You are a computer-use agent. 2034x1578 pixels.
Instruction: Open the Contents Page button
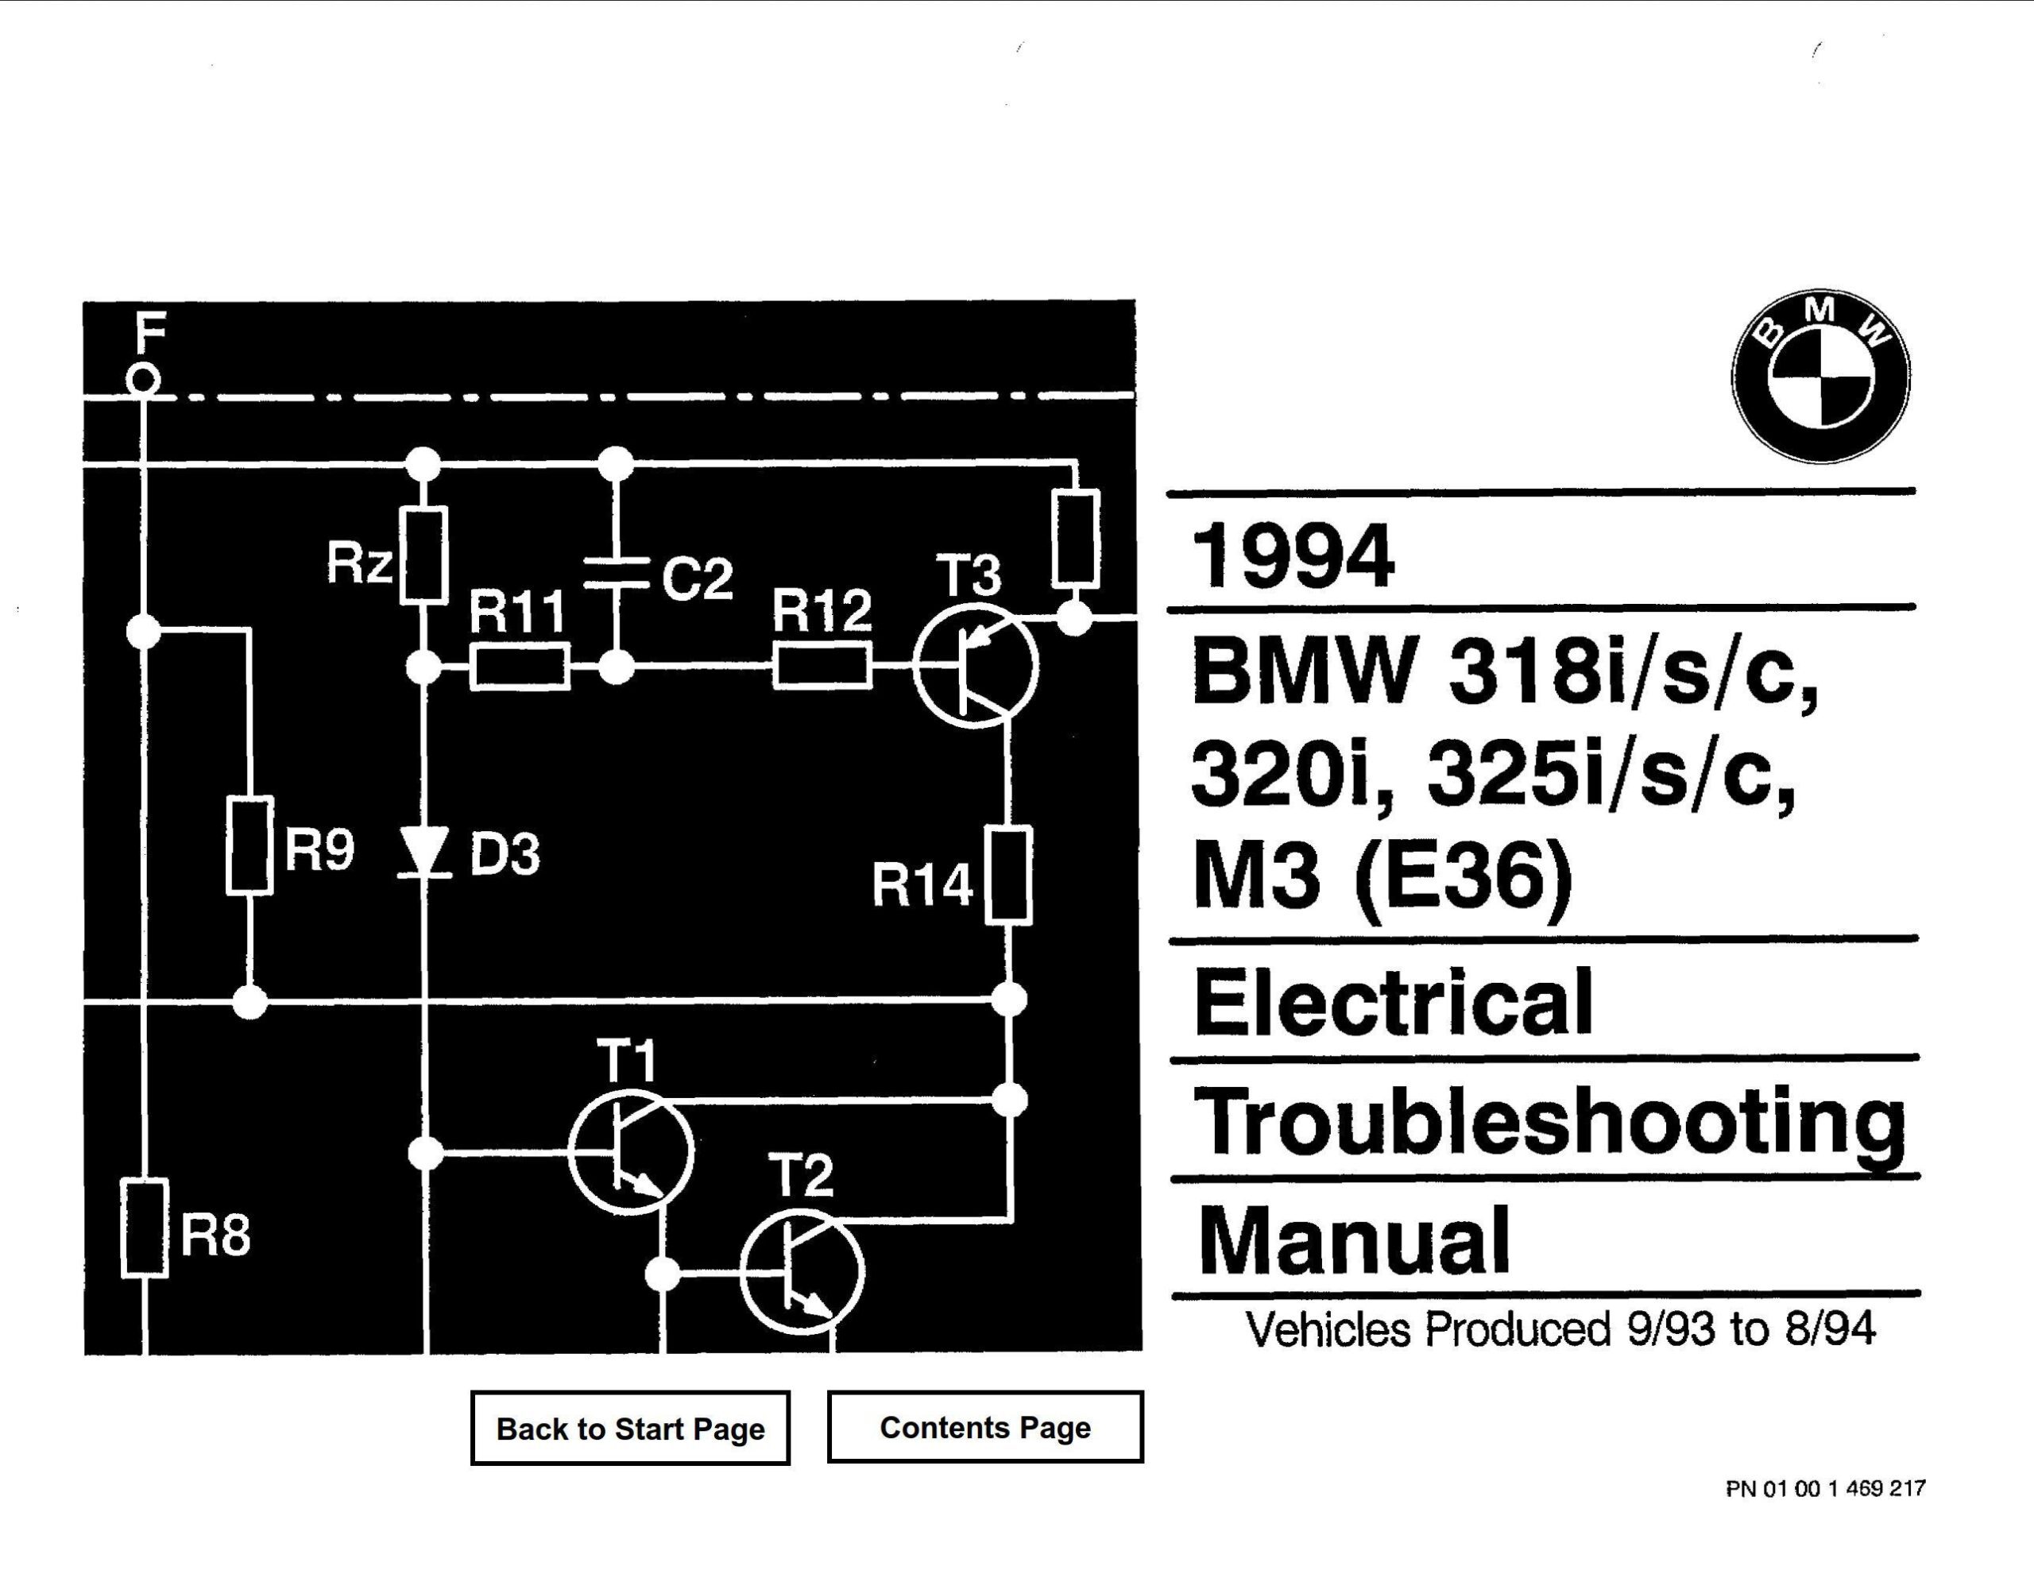984,1427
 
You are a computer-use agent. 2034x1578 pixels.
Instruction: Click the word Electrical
1394,1001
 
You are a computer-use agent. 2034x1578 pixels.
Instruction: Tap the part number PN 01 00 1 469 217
1824,1488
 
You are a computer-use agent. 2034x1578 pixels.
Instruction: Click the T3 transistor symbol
975,665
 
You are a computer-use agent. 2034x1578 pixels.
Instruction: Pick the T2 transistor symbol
802,1271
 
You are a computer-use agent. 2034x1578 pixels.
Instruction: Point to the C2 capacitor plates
616,572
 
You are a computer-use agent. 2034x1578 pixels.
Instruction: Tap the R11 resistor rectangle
520,666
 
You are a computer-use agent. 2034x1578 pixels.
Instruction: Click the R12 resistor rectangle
822,665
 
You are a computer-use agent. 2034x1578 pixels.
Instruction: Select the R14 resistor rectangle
1007,875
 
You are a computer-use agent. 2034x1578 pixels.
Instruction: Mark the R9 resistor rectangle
249,845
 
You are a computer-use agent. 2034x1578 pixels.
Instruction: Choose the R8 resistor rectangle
145,1228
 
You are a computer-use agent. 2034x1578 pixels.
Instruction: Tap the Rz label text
358,563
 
